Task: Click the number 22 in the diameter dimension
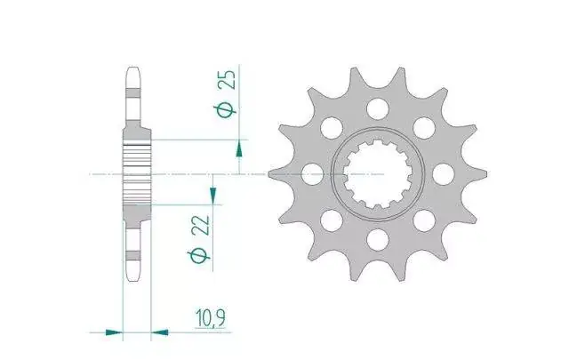click(202, 226)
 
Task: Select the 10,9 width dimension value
click(211, 318)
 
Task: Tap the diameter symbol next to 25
click(227, 109)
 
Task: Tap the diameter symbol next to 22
click(199, 255)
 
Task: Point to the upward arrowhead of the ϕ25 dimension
click(239, 149)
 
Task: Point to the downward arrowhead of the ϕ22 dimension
click(213, 196)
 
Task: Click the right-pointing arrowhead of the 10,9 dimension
click(114, 332)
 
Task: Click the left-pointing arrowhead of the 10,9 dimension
click(160, 332)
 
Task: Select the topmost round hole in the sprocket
click(378, 108)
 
